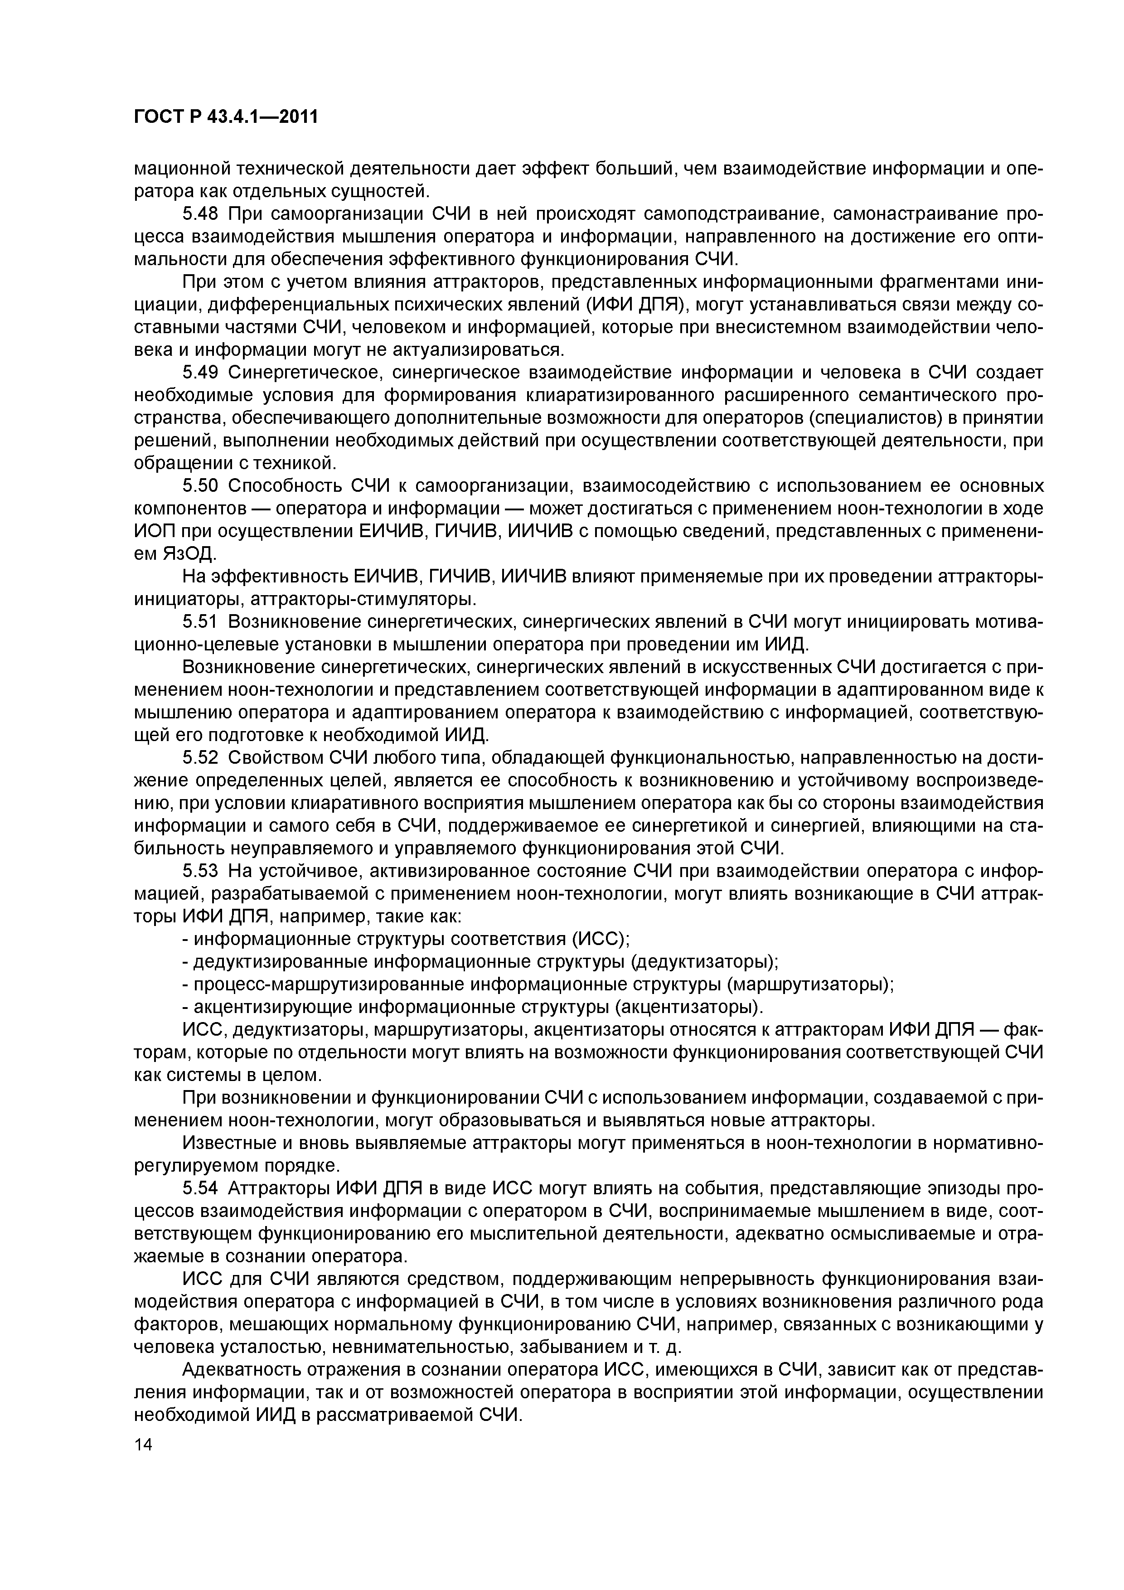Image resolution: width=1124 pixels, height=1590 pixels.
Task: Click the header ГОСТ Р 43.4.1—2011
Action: point(226,117)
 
